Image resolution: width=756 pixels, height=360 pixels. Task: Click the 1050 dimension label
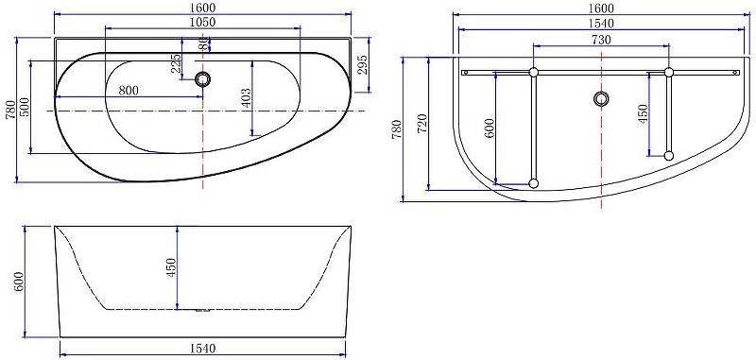coord(202,22)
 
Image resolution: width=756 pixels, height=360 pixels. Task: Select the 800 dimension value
coord(129,90)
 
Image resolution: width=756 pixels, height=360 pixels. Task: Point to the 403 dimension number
coord(245,98)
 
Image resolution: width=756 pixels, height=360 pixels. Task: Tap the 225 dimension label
coord(176,62)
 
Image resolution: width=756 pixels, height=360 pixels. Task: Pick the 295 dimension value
coord(363,64)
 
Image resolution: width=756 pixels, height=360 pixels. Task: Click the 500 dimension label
coord(25,107)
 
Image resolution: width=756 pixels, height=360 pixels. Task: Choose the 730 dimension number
coord(601,40)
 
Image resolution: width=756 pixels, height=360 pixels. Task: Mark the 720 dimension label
coord(421,125)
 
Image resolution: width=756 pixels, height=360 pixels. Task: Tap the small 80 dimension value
coord(203,43)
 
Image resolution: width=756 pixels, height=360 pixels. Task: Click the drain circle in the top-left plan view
coord(203,79)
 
